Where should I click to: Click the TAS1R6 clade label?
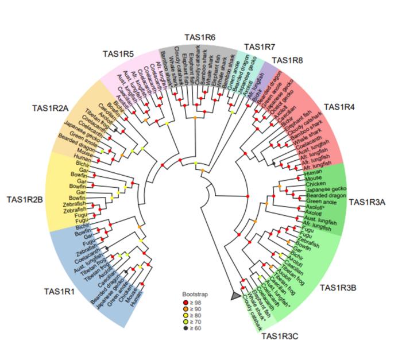tap(199, 37)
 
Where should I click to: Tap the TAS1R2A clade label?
tap(51, 107)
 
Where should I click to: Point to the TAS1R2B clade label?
tap(25, 200)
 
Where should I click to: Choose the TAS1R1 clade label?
tap(59, 291)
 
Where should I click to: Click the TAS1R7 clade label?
tap(260, 47)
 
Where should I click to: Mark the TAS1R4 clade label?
tap(339, 107)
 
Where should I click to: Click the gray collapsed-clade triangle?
tap(235, 295)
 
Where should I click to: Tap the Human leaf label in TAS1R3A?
tap(313, 172)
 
